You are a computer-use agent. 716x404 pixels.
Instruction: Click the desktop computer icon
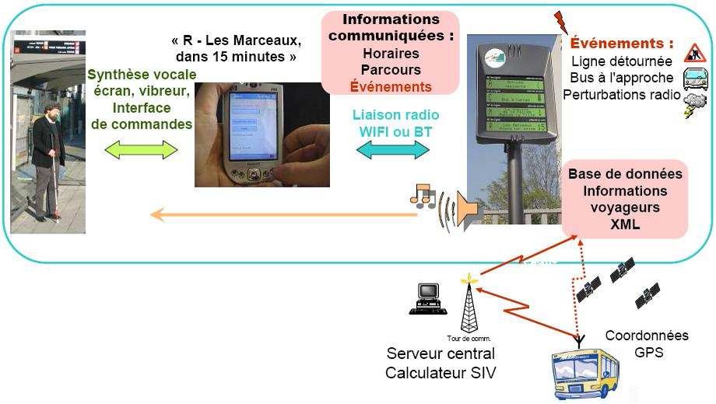pos(426,299)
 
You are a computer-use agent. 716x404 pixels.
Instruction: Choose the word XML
pos(625,223)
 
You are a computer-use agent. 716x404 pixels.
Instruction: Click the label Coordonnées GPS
pos(647,344)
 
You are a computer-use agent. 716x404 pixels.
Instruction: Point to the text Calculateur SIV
pos(440,372)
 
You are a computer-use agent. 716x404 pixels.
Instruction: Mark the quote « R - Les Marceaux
pos(234,40)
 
